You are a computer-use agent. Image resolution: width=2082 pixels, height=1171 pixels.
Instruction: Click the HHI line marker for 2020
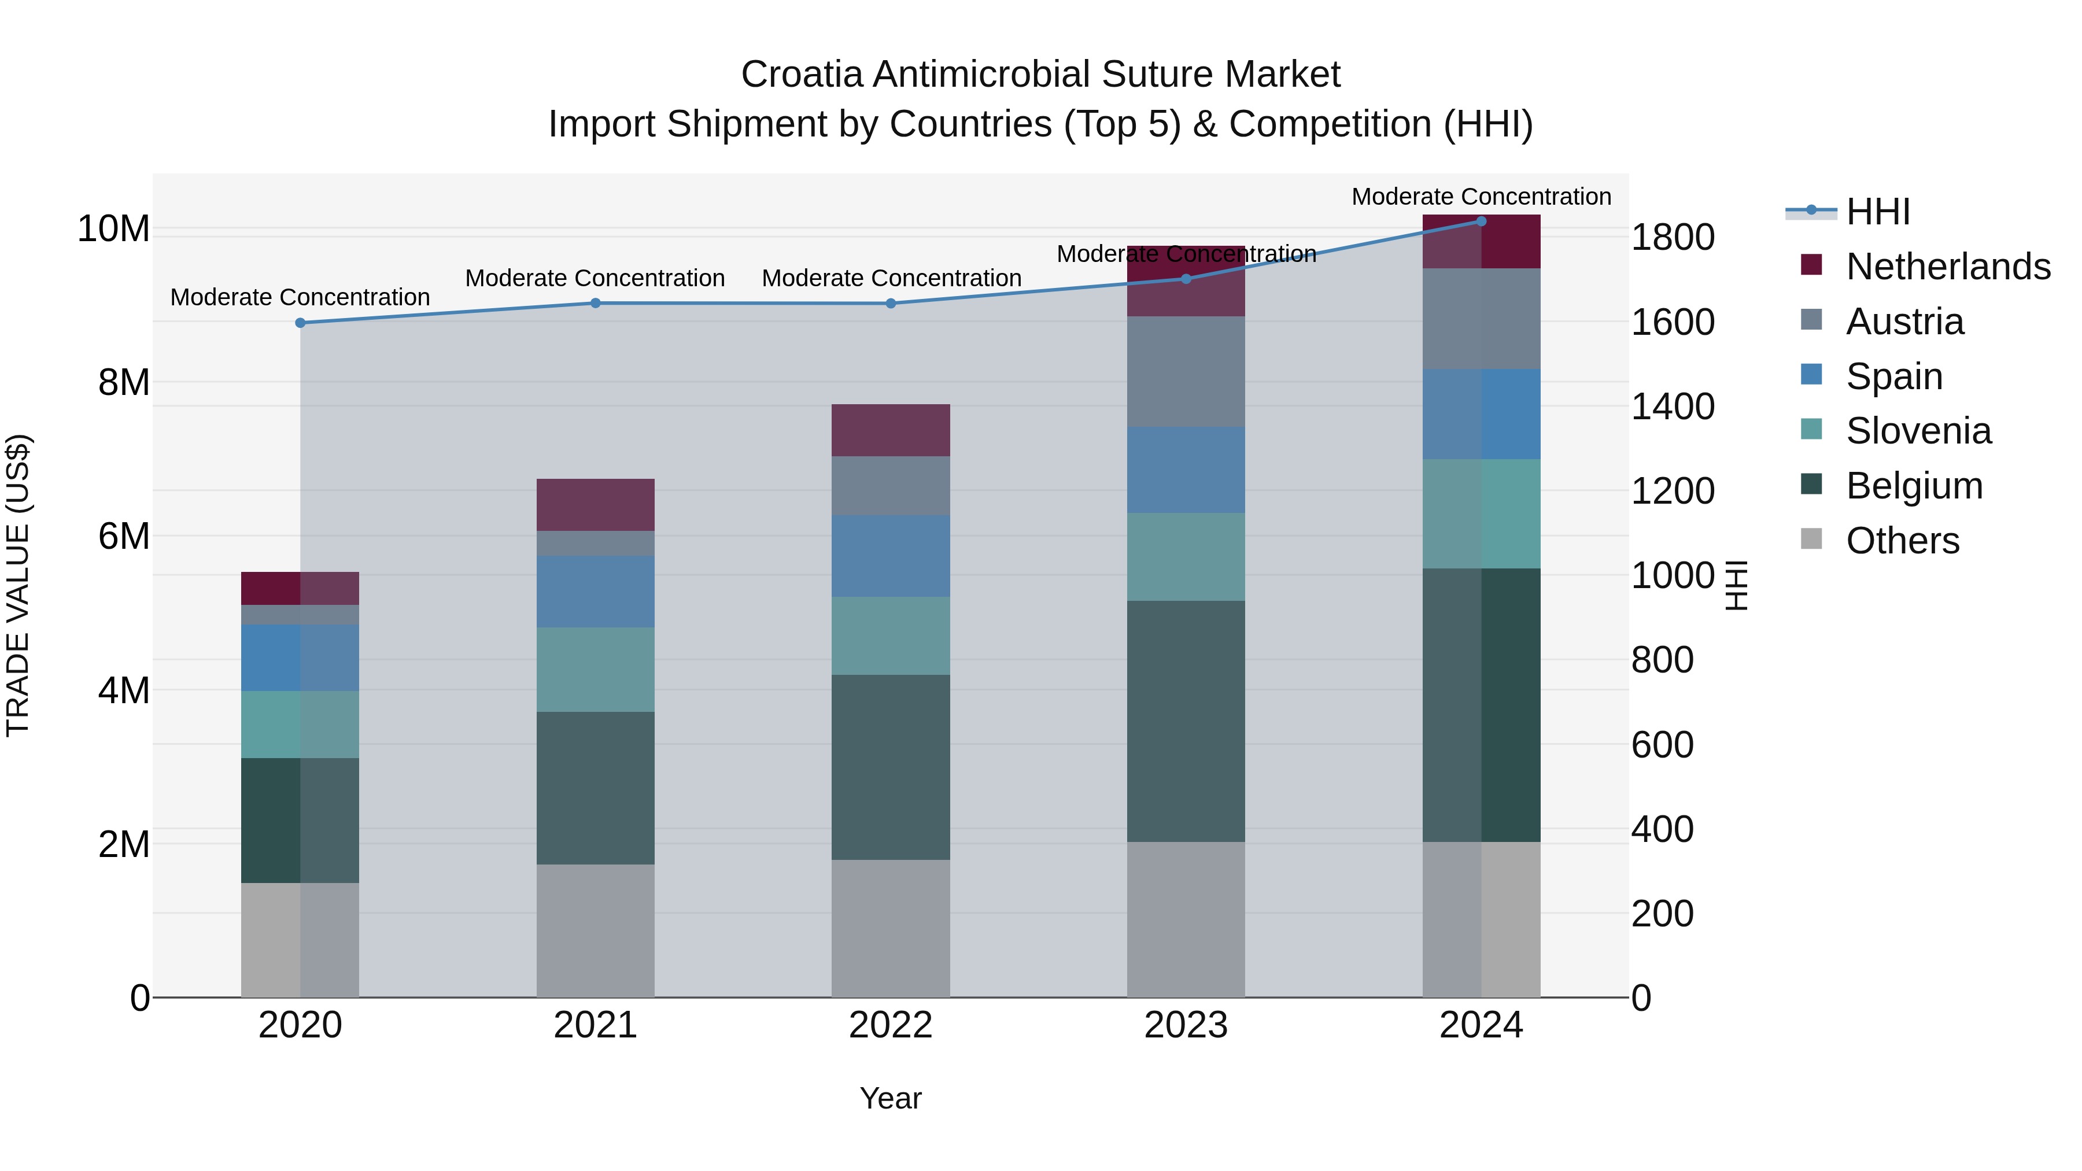click(x=300, y=323)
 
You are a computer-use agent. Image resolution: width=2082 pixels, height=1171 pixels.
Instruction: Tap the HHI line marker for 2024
click(x=1481, y=221)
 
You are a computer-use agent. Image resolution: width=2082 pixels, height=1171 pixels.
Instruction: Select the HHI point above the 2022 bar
click(x=891, y=304)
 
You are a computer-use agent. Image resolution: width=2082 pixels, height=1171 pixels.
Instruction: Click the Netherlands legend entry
click(x=1948, y=267)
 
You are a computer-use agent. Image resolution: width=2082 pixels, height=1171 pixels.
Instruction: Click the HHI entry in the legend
click(x=1877, y=212)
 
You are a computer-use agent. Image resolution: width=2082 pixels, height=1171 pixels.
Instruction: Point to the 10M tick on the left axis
click(x=113, y=228)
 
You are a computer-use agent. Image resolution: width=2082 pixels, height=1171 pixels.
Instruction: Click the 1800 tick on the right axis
click(x=1672, y=238)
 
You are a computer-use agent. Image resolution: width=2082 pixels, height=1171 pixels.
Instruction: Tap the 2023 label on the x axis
click(x=1186, y=1025)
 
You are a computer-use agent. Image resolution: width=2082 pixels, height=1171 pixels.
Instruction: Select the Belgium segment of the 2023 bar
click(x=1186, y=721)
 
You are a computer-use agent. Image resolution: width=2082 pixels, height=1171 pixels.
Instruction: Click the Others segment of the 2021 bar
click(x=596, y=930)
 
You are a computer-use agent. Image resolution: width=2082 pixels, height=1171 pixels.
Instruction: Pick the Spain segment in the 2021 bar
click(x=596, y=592)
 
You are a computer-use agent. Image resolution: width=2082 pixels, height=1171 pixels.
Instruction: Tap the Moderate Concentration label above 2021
click(x=595, y=278)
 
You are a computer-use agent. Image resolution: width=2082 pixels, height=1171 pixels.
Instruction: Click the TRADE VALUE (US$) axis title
click(x=18, y=585)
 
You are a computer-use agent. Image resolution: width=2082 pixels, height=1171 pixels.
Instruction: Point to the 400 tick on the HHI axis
click(x=1662, y=829)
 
